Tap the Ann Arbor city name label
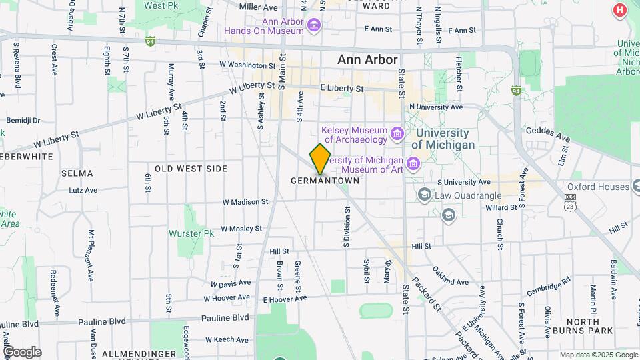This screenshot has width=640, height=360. pyautogui.click(x=367, y=59)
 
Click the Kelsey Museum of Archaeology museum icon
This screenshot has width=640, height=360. pyautogui.click(x=397, y=135)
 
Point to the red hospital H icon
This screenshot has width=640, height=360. pyautogui.click(x=620, y=10)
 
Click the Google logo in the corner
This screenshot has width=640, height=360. pyautogui.click(x=21, y=352)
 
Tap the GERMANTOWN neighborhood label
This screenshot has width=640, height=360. pyautogui.click(x=325, y=181)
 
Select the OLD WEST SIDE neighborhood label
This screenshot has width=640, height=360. pyautogui.click(x=191, y=169)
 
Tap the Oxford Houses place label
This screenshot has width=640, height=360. pyautogui.click(x=598, y=187)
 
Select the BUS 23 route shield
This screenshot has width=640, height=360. pyautogui.click(x=569, y=201)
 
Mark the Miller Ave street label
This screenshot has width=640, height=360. pyautogui.click(x=258, y=7)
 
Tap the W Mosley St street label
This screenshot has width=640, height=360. pyautogui.click(x=241, y=229)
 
